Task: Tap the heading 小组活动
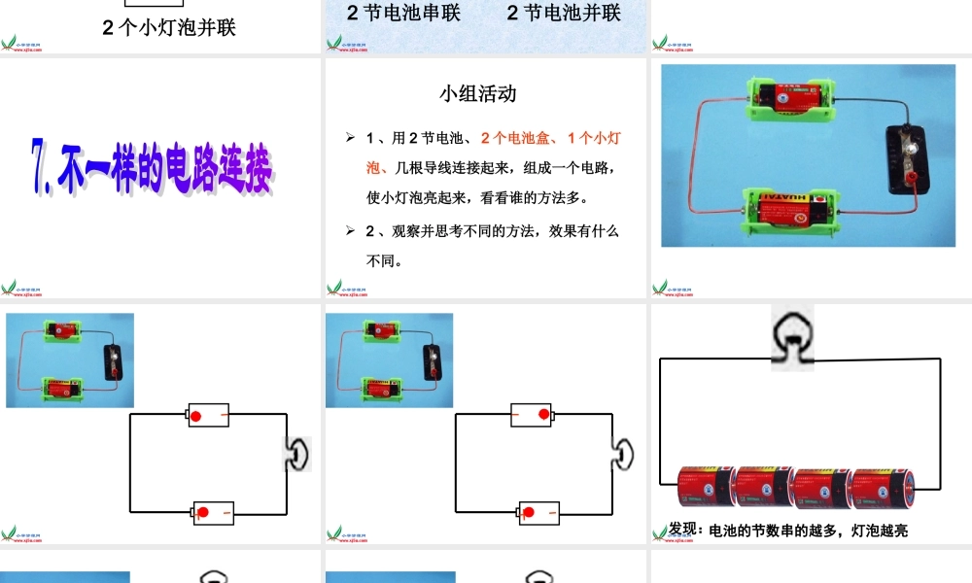[x=477, y=94]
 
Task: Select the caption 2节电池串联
[x=404, y=13]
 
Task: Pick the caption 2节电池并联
[x=564, y=13]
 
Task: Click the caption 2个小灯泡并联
[x=169, y=27]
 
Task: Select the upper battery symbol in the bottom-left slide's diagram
[x=207, y=416]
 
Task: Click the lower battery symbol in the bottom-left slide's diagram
[x=213, y=512]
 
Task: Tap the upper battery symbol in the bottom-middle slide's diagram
[x=532, y=416]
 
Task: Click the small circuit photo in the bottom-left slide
[x=70, y=360]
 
